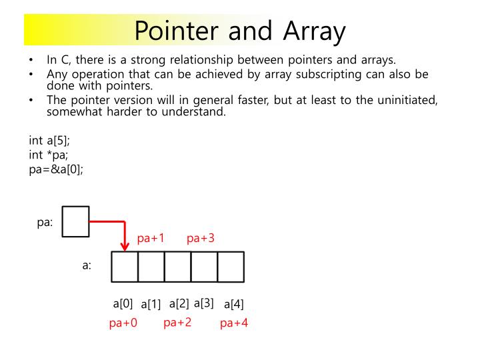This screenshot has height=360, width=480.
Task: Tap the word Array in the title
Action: pyautogui.click(x=315, y=30)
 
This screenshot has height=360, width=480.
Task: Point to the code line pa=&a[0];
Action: pyautogui.click(x=56, y=169)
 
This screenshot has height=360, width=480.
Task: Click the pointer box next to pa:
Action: pyautogui.click(x=75, y=222)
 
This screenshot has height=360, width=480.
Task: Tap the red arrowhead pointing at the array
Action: pyautogui.click(x=125, y=245)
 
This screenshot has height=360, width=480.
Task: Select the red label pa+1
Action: pyautogui.click(x=151, y=238)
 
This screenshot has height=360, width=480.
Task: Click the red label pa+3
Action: pyautogui.click(x=200, y=238)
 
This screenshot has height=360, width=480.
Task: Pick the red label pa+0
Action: pyautogui.click(x=123, y=323)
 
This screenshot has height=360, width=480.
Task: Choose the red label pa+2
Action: pyautogui.click(x=177, y=323)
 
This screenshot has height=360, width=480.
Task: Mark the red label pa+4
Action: pyautogui.click(x=234, y=323)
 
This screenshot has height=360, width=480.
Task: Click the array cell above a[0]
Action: pyautogui.click(x=125, y=267)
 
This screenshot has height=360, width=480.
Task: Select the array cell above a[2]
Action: pyautogui.click(x=177, y=267)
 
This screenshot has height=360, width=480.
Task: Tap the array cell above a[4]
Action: pyautogui.click(x=231, y=267)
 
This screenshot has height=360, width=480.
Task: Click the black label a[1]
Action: pyautogui.click(x=151, y=305)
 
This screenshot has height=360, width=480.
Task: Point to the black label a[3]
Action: pyautogui.click(x=203, y=303)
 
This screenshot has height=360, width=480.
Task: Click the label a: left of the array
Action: pyautogui.click(x=87, y=265)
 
